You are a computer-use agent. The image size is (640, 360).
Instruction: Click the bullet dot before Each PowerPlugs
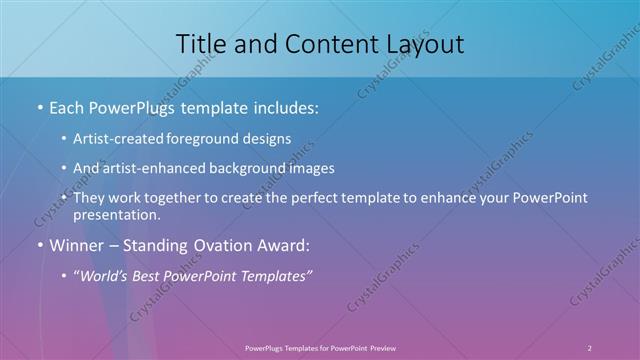pos(39,108)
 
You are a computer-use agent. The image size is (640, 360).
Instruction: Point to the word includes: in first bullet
pos(286,107)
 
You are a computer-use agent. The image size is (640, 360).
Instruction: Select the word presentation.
pos(116,215)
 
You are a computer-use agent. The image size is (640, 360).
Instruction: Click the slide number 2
pos(590,347)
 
